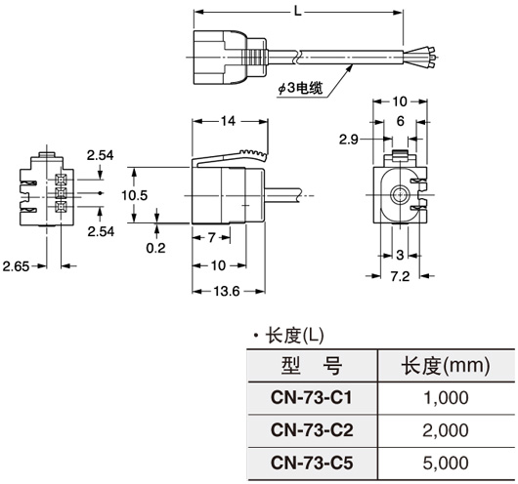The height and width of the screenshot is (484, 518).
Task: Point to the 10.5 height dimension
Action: point(135,195)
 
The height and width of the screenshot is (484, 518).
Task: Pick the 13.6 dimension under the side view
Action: point(226,290)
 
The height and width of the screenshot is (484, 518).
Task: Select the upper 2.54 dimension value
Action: point(99,155)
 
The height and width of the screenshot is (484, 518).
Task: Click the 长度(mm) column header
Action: point(445,366)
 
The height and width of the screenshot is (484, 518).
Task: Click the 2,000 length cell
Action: point(445,430)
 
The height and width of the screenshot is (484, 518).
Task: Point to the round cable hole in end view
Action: point(397,193)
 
